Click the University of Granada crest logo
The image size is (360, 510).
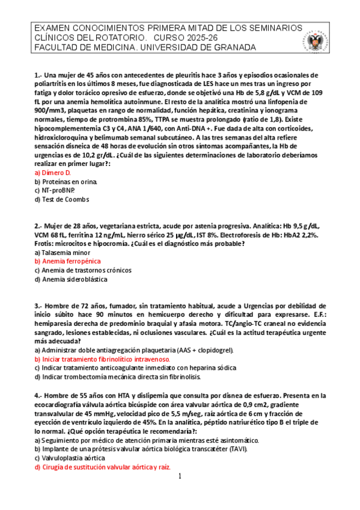[x=316, y=41]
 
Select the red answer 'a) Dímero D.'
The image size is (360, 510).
[x=53, y=172]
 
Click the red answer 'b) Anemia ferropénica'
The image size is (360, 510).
[x=67, y=262]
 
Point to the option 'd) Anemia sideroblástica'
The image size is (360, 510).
[x=70, y=279]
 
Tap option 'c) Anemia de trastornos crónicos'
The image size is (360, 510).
[x=82, y=271]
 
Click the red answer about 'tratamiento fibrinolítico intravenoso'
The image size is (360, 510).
[x=102, y=359]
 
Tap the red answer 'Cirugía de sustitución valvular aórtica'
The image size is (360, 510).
[x=103, y=467]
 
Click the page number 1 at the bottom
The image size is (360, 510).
[x=180, y=477]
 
